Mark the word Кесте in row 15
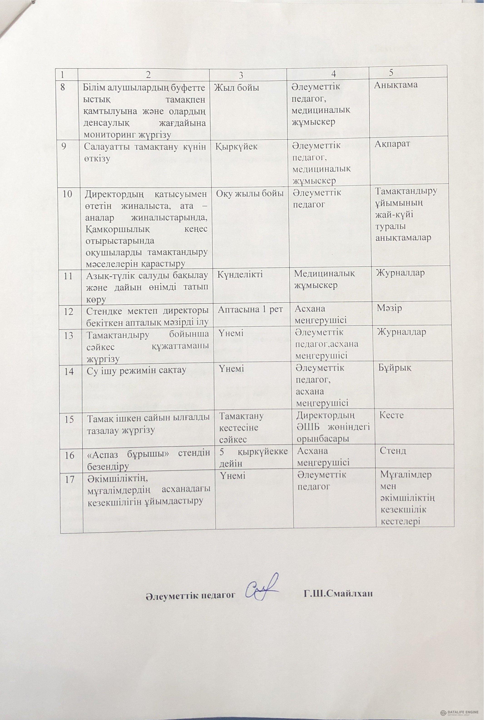click(x=391, y=415)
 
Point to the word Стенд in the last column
click(x=393, y=451)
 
